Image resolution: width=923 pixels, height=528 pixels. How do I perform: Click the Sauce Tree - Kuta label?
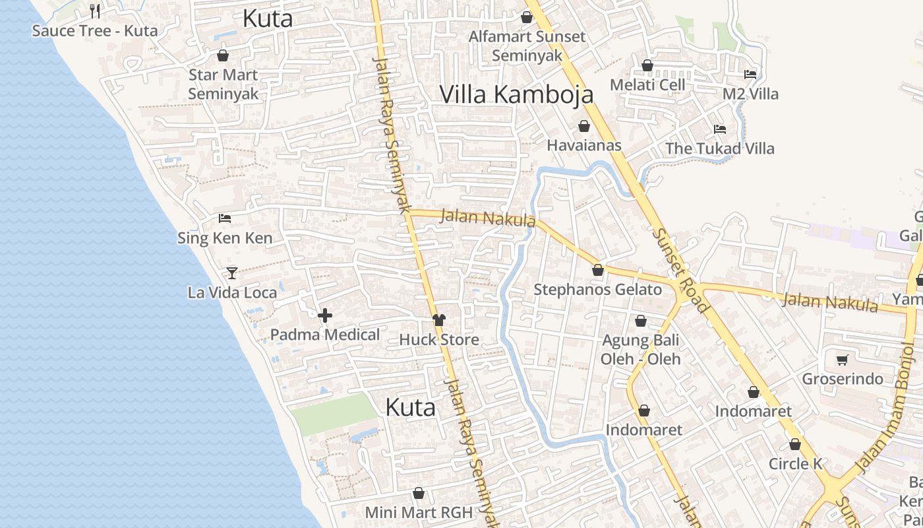(x=95, y=30)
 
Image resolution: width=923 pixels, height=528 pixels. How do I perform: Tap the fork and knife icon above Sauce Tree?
(x=95, y=11)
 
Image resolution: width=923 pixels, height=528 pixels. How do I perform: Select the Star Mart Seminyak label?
(x=223, y=84)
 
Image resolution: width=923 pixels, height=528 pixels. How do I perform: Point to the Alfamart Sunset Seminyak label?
(x=527, y=46)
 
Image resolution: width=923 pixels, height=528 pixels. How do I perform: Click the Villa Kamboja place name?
(x=516, y=94)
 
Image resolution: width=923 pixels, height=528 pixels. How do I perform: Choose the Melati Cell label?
(x=647, y=85)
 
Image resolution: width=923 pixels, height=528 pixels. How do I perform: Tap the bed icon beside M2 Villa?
(x=750, y=74)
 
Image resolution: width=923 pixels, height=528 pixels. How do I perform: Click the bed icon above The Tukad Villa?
(x=720, y=129)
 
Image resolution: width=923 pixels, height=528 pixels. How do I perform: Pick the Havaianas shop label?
(x=584, y=145)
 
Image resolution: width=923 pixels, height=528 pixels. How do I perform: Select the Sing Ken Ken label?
(x=225, y=238)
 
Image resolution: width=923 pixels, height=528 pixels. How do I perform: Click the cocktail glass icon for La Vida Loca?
(x=231, y=272)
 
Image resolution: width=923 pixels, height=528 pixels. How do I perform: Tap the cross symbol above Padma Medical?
(x=325, y=315)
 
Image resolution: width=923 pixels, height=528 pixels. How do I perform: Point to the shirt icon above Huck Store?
(x=439, y=320)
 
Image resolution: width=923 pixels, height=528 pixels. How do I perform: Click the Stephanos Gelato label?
(x=597, y=290)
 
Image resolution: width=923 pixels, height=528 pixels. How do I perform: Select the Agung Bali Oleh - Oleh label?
(x=640, y=350)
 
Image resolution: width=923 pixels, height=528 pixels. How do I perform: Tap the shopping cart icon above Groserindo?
(x=842, y=360)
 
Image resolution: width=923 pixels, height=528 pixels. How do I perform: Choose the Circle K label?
(x=795, y=464)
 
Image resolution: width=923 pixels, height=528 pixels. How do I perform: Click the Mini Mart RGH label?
(x=419, y=512)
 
